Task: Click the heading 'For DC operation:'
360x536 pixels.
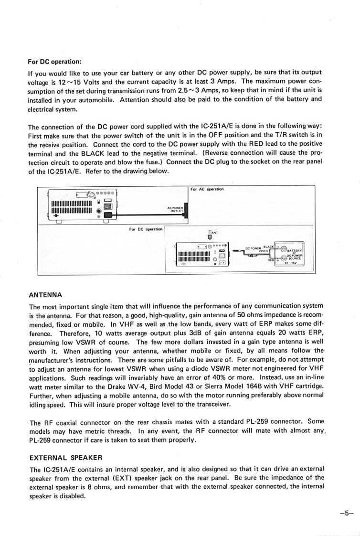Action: [x=55, y=62]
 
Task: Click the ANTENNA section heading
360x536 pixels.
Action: [x=46, y=295]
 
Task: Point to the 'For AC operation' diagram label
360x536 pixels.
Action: [x=207, y=189]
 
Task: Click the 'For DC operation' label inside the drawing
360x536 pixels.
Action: [x=146, y=229]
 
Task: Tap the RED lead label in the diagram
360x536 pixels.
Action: [x=271, y=261]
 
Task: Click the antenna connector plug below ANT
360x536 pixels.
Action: [x=210, y=236]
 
